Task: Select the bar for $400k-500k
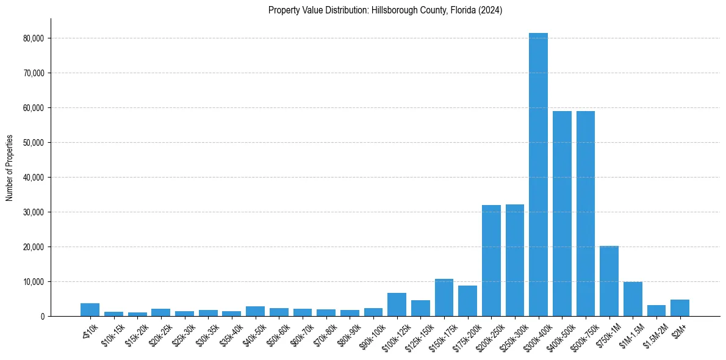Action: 562,214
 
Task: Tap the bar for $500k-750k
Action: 586,214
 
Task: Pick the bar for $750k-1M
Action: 609,281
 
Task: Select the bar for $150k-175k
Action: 444,298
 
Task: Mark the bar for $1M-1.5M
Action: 633,299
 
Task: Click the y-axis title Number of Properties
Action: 10,168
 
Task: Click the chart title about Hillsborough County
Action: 385,10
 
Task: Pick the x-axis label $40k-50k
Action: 253,333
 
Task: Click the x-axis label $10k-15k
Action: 111,333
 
